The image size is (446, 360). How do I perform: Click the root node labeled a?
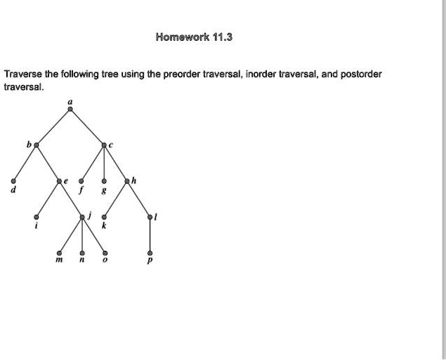click(x=70, y=109)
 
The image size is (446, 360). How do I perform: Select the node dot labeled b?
click(x=36, y=146)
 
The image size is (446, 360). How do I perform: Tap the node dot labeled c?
click(x=104, y=146)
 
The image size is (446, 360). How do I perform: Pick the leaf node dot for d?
click(x=13, y=181)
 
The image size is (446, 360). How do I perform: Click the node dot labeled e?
click(x=59, y=181)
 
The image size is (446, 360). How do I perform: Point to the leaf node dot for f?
click(x=81, y=181)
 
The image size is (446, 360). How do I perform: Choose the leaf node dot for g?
click(x=104, y=181)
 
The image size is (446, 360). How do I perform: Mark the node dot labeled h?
click(x=127, y=181)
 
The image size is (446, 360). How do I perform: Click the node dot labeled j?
click(x=82, y=217)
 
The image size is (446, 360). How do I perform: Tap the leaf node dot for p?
click(x=150, y=253)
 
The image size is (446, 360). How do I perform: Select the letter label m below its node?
click(x=59, y=260)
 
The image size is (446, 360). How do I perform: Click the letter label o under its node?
click(x=105, y=260)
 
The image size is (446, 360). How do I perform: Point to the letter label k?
click(x=104, y=226)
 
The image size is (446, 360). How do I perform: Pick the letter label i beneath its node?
click(x=36, y=226)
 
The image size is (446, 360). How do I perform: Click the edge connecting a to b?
click(x=53, y=127)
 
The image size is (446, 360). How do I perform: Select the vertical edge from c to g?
click(x=104, y=163)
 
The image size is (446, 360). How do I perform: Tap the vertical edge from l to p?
click(x=150, y=236)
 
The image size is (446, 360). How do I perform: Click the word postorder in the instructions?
click(x=361, y=75)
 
